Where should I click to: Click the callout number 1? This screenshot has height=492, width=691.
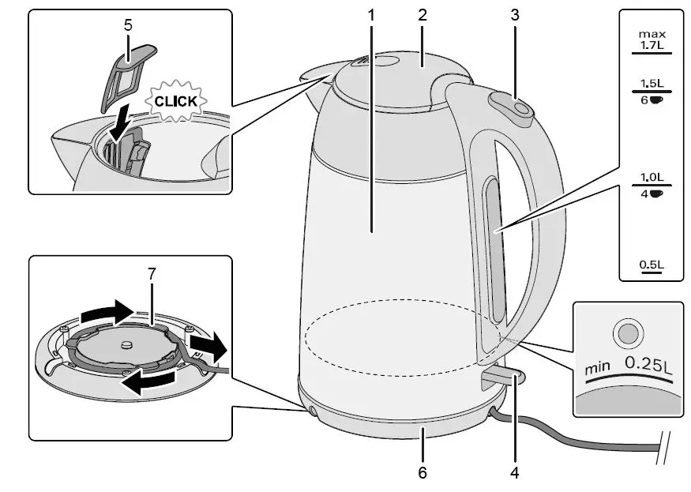pyautogui.click(x=372, y=14)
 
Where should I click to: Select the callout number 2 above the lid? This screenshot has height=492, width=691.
pyautogui.click(x=423, y=14)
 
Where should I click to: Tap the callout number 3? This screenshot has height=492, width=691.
pyautogui.click(x=515, y=14)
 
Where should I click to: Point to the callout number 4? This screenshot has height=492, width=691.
pyautogui.click(x=515, y=473)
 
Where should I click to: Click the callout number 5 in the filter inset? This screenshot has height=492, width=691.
pyautogui.click(x=128, y=24)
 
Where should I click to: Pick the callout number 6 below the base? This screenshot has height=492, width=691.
pyautogui.click(x=422, y=473)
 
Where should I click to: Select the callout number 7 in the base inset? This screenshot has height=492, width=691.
pyautogui.click(x=152, y=273)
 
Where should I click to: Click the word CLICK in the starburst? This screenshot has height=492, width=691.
pyautogui.click(x=176, y=102)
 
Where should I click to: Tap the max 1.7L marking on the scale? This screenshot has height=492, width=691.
pyautogui.click(x=652, y=41)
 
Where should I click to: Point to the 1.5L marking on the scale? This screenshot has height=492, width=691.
pyautogui.click(x=652, y=83)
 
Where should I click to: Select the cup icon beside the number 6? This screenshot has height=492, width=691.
pyautogui.click(x=657, y=100)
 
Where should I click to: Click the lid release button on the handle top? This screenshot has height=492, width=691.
pyautogui.click(x=510, y=104)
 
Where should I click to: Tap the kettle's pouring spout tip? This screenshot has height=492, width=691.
pyautogui.click(x=304, y=77)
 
